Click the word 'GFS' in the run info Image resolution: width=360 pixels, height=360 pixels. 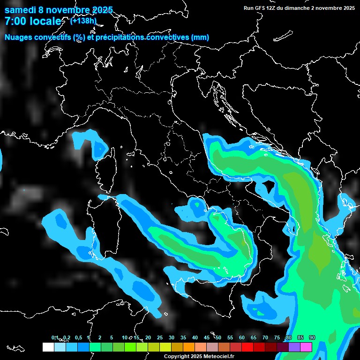pyautogui.click(x=261, y=7)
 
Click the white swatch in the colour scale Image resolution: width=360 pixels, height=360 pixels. pyautogui.click(x=48, y=347)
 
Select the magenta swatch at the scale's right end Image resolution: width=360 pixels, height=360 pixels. pyautogui.click(x=306, y=347)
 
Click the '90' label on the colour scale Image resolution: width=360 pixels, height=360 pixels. pyautogui.click(x=312, y=338)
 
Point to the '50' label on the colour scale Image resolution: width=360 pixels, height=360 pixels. pyautogui.click(x=218, y=338)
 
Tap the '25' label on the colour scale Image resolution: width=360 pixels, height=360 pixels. pyautogui.click(x=160, y=338)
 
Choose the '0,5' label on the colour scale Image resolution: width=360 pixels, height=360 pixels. pyautogui.click(x=78, y=338)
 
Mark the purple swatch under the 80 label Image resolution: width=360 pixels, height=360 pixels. pyautogui.click(x=294, y=347)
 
